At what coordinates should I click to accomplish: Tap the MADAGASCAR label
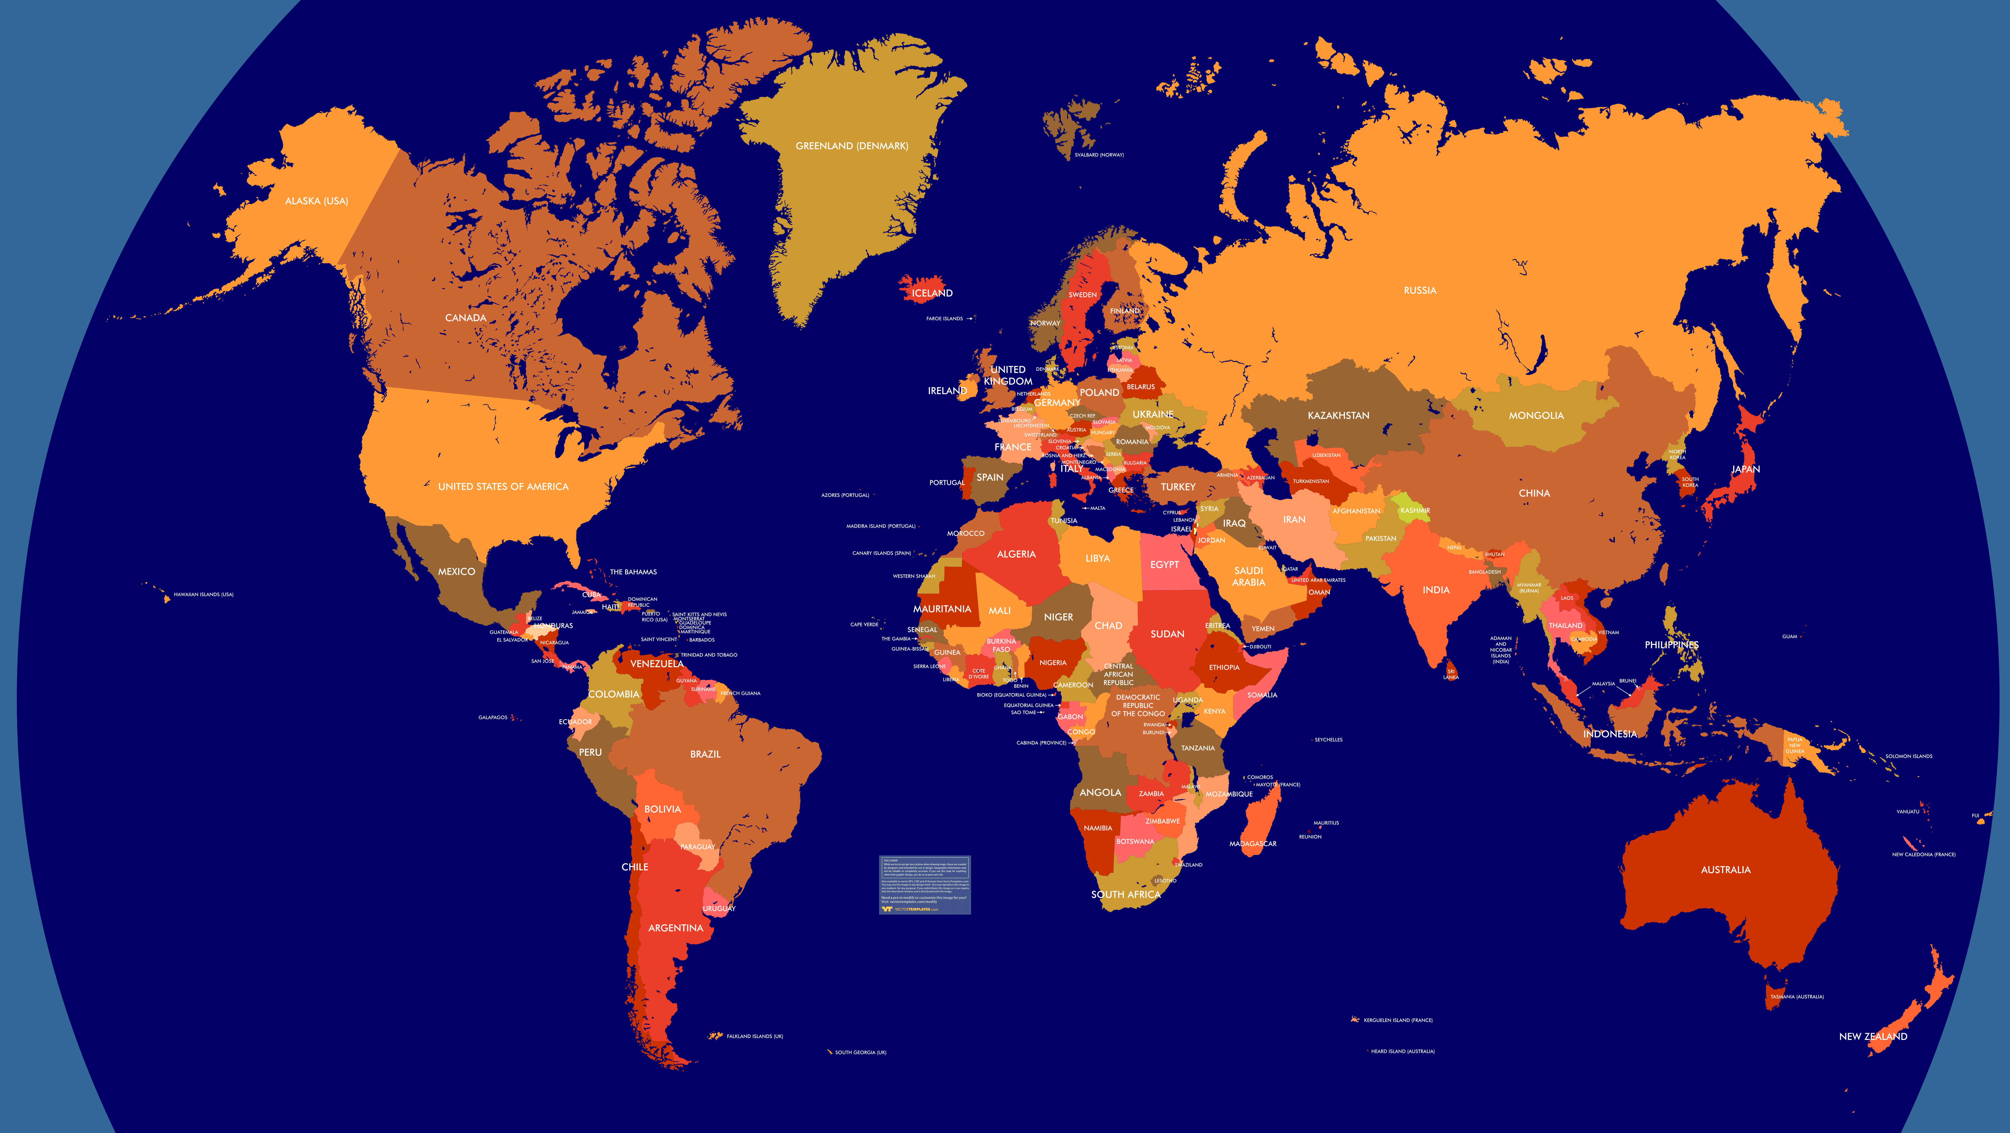1252,844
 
